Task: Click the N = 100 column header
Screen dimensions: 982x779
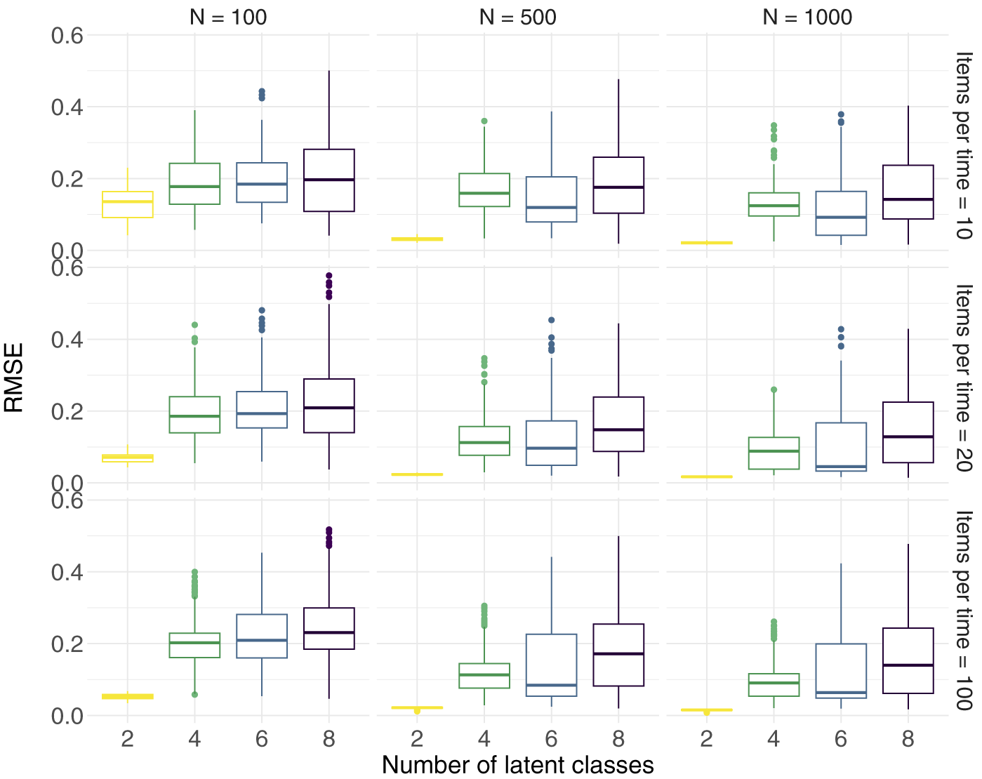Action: pos(228,18)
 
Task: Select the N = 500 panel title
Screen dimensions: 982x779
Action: pos(518,18)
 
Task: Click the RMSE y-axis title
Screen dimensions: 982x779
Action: pos(14,378)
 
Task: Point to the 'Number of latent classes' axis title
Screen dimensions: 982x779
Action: pos(518,765)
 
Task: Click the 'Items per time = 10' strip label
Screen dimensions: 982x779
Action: pos(963,146)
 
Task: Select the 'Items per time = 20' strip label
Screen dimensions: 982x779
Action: pos(963,378)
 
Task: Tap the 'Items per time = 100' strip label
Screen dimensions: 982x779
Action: pos(963,611)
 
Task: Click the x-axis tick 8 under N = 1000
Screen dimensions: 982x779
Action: pos(908,738)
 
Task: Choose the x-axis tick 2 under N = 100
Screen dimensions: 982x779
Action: pos(127,738)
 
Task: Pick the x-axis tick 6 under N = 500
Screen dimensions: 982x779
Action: pos(551,738)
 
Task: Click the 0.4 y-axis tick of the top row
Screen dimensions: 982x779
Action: pos(67,107)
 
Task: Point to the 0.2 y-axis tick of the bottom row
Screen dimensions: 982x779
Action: pos(67,644)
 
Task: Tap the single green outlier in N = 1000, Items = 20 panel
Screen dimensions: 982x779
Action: pos(774,389)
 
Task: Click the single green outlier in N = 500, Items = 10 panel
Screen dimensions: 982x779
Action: pos(484,121)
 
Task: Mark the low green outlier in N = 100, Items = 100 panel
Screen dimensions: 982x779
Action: pos(194,695)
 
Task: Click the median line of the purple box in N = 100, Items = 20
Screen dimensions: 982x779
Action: pos(329,408)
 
